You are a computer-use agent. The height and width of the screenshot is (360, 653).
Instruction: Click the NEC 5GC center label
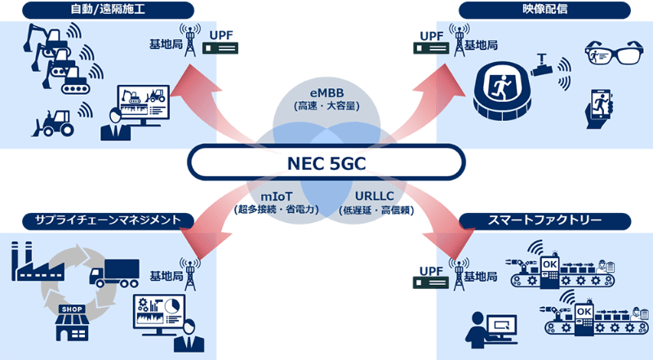click(x=326, y=162)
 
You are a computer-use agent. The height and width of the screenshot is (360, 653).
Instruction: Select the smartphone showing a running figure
click(x=601, y=107)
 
